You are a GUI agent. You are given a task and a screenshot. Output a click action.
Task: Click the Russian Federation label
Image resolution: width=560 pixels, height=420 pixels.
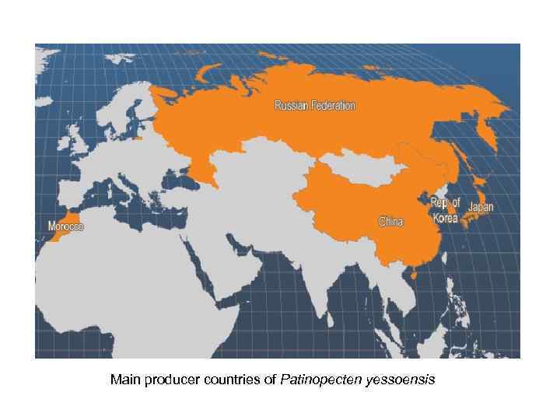pos(315,105)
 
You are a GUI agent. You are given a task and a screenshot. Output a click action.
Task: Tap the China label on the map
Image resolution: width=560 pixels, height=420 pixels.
pos(390,222)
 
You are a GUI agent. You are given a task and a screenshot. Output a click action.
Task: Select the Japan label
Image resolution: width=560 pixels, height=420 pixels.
pos(480,207)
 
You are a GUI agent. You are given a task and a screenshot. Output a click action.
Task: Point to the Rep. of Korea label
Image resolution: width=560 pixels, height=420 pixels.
pos(446,210)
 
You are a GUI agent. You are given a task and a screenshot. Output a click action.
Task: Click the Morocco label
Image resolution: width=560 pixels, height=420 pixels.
pos(66,226)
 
